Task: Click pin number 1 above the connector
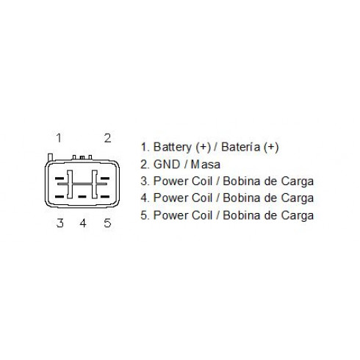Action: (59, 138)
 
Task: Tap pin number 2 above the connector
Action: (108, 138)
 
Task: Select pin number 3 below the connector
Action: (60, 223)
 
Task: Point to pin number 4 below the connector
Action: (83, 223)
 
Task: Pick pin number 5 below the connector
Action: (107, 223)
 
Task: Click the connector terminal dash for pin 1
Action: (60, 179)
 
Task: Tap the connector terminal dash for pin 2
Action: (105, 179)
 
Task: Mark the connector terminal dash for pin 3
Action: (60, 196)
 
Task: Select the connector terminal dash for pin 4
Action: (82, 196)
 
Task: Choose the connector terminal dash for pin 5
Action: (105, 196)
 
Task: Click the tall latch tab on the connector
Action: (50, 157)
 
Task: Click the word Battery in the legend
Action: (173, 147)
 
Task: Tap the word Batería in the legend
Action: (240, 147)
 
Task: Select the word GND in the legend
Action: (167, 165)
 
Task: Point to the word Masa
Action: (206, 165)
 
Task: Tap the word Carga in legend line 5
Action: (298, 216)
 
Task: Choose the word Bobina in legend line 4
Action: (242, 198)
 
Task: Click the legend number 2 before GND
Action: (145, 165)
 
